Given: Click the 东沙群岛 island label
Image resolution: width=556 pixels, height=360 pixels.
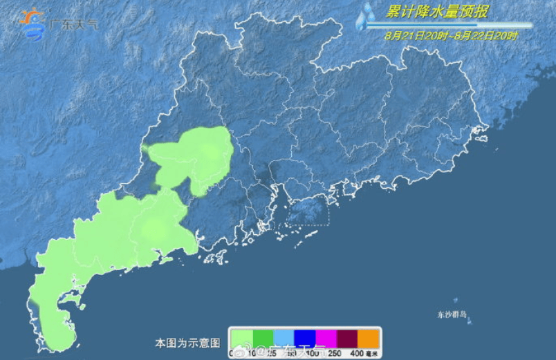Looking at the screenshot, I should tap(452, 314).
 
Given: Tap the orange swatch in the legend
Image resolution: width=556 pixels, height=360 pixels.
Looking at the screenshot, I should tap(368, 338).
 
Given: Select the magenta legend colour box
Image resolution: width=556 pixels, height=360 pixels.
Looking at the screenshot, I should tap(326, 338).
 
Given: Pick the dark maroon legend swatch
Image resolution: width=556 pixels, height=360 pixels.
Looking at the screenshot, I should tap(347, 338).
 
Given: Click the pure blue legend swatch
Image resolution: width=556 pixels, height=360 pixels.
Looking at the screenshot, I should tap(305, 338).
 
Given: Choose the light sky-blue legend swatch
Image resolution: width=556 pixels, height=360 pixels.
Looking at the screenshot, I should tap(284, 338).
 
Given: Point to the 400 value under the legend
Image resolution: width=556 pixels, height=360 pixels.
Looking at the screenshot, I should tap(357, 354).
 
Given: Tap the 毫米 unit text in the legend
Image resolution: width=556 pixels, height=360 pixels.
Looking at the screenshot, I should tap(372, 354).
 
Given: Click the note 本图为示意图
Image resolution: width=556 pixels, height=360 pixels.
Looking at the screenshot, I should tap(187, 343).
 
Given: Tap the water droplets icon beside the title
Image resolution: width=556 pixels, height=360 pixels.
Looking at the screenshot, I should tap(364, 15).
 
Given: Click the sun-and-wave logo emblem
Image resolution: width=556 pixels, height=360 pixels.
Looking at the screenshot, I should tap(33, 23).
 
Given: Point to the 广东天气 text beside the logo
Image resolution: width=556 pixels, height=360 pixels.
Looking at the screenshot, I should tap(74, 23).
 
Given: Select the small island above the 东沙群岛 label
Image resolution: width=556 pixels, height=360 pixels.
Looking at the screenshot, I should tap(456, 301).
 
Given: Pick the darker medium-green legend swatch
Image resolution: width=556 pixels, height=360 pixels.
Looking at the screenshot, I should tap(263, 338).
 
